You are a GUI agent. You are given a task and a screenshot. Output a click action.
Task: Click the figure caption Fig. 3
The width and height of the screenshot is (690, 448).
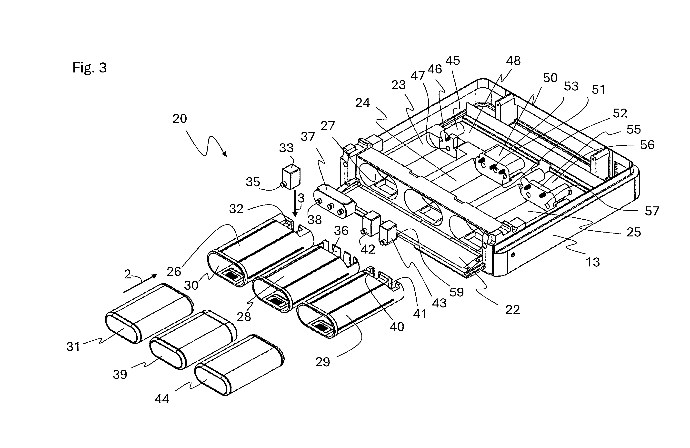pyautogui.click(x=90, y=68)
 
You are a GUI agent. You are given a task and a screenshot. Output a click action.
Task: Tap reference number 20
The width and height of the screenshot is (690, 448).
pyautogui.click(x=180, y=119)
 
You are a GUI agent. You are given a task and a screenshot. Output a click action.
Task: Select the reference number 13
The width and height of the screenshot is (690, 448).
pyautogui.click(x=593, y=262)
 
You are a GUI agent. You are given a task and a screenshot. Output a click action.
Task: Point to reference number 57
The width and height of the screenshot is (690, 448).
pyautogui.click(x=652, y=211)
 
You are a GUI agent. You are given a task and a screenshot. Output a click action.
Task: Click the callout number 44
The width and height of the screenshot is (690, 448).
pyautogui.click(x=162, y=399)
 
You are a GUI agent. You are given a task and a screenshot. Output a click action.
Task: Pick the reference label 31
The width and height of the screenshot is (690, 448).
pyautogui.click(x=73, y=346)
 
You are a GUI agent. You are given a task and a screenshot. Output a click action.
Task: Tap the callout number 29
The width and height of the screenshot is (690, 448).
pyautogui.click(x=323, y=362)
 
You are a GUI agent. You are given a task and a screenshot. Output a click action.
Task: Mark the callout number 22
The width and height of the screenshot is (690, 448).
pyautogui.click(x=512, y=310)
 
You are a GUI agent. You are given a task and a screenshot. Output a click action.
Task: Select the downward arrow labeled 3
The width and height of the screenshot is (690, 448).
pyautogui.click(x=295, y=204)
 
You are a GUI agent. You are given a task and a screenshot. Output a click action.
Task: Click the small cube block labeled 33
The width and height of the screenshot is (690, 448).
pyautogui.click(x=291, y=176)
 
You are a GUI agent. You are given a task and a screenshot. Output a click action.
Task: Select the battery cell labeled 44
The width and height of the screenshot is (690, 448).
pyautogui.click(x=240, y=365)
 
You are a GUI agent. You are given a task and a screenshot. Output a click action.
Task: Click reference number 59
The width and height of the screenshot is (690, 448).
pyautogui.click(x=456, y=292)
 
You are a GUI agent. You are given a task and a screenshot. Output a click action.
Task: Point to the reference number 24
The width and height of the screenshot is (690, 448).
pyautogui.click(x=362, y=103)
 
